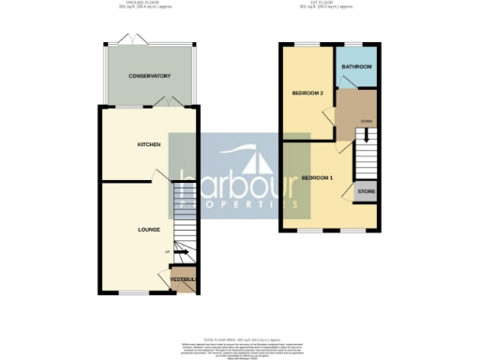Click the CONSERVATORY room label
coord(150,76)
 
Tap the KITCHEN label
coord(149,144)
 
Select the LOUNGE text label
coord(148,229)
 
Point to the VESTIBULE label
coord(183,280)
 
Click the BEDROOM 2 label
coord(307,94)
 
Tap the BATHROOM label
coord(357,67)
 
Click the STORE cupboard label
coord(366,192)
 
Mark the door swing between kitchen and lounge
coord(162,178)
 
